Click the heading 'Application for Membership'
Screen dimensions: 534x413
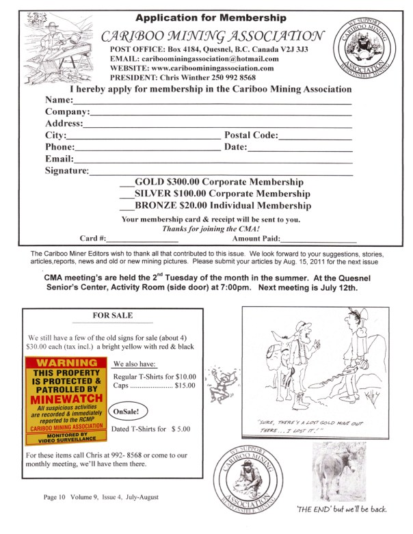tap(211, 18)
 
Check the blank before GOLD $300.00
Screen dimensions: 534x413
tap(126, 184)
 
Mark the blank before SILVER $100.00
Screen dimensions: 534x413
tap(126, 195)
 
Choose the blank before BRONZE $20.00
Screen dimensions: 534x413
tap(126, 206)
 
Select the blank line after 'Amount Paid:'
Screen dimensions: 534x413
tap(319, 240)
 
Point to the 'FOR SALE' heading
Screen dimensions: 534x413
tap(113, 316)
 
